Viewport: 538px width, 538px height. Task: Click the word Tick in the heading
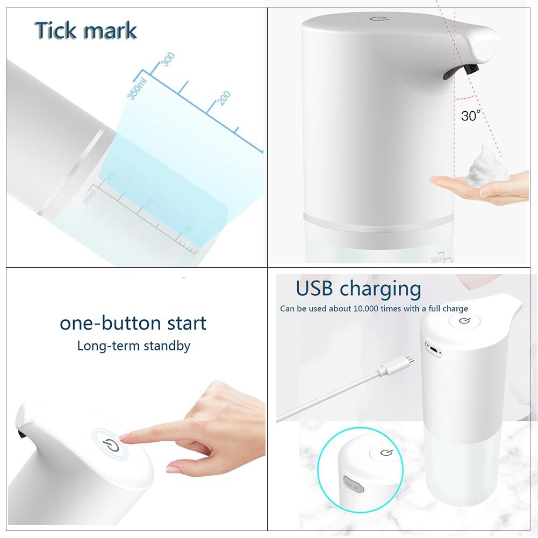[x=56, y=31]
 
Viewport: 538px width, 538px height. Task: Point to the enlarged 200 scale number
[x=224, y=98]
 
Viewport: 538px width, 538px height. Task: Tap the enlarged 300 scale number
[x=168, y=59]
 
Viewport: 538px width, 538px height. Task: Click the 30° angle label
[x=470, y=115]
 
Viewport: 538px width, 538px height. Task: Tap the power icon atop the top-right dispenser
[x=376, y=20]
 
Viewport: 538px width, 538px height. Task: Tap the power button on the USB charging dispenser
[x=464, y=322]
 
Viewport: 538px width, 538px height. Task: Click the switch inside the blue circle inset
[x=353, y=486]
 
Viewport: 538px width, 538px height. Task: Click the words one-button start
[x=133, y=323]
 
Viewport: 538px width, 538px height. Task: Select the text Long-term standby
[x=133, y=346]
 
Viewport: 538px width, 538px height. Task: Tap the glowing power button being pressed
[x=110, y=444]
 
